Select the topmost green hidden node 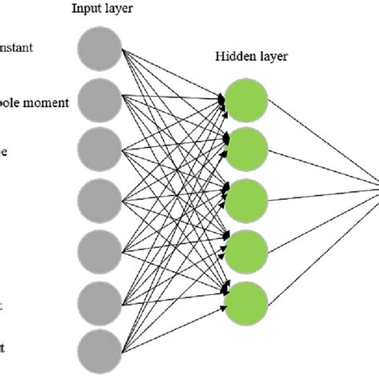[246, 98]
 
